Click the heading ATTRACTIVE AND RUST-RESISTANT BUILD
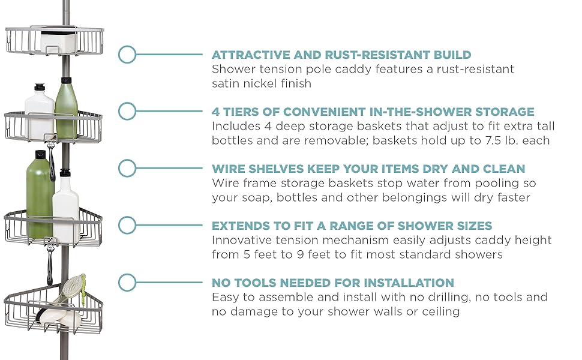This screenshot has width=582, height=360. point(341,55)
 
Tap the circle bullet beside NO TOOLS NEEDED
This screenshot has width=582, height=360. point(127,283)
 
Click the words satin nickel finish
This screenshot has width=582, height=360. point(262,84)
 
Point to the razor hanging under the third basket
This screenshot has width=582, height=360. point(50,258)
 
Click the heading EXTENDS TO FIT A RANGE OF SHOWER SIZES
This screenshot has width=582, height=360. point(352,226)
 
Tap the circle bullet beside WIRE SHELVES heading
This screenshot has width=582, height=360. point(127,168)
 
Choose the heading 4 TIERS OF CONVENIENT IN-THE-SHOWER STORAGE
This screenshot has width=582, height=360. point(373,112)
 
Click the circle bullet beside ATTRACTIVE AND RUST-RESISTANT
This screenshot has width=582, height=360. point(127,54)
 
